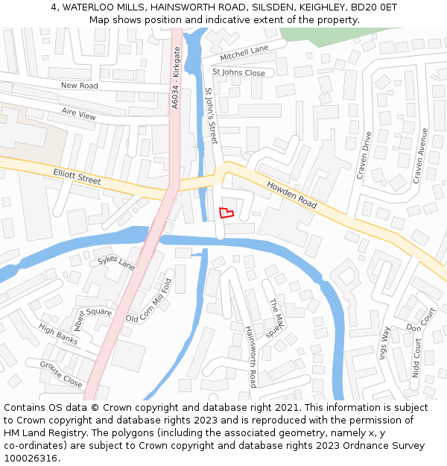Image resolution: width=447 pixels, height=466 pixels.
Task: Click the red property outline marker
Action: click(226, 212)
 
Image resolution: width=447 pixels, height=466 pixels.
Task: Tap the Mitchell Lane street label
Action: click(244, 53)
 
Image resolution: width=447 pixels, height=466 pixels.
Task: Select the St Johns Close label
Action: click(238, 72)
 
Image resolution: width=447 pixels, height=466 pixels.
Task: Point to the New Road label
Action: click(79, 86)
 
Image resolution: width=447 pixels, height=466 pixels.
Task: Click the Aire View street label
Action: click(79, 115)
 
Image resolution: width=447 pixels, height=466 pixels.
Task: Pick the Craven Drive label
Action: click(364, 156)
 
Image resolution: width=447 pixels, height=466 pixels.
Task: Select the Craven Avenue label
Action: click(420, 156)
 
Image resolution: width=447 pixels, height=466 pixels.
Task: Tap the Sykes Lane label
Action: click(116, 262)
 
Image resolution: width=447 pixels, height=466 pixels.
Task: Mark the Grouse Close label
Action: click(61, 374)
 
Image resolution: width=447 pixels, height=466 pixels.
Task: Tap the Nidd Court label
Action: click(416, 358)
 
